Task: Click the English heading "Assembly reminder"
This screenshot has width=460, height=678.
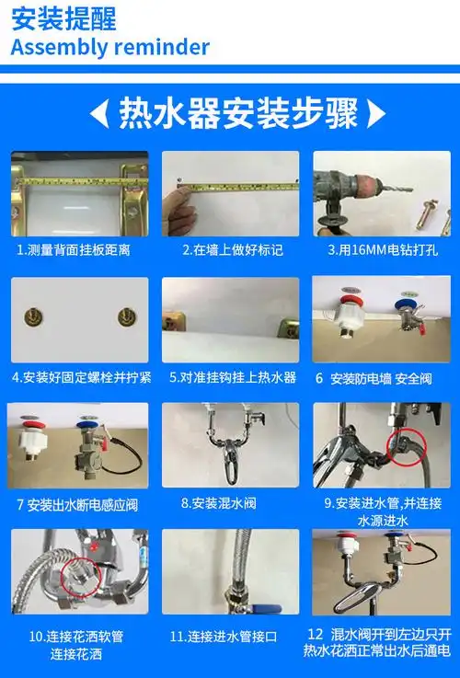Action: pos(110,47)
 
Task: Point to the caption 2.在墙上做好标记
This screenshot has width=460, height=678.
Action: pos(232,250)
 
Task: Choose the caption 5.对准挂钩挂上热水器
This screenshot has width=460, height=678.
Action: pos(232,377)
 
